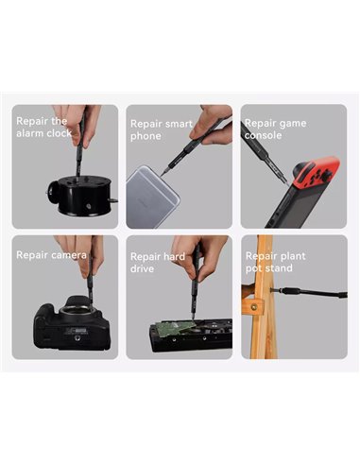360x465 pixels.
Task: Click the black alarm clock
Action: (x=82, y=196)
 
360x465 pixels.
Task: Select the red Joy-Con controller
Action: (x=316, y=172)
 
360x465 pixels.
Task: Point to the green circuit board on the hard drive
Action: (x=177, y=328)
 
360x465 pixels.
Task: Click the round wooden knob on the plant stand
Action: (x=254, y=306)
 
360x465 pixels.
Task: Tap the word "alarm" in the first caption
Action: (x=28, y=133)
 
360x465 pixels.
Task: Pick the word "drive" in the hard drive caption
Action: (x=142, y=268)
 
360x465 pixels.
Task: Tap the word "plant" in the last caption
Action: (x=291, y=256)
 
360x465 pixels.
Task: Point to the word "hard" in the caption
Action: (x=172, y=256)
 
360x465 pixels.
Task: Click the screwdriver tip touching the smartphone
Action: (x=163, y=173)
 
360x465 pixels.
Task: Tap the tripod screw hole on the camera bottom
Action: (x=77, y=338)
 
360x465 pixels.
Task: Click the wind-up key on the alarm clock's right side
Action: (x=113, y=200)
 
